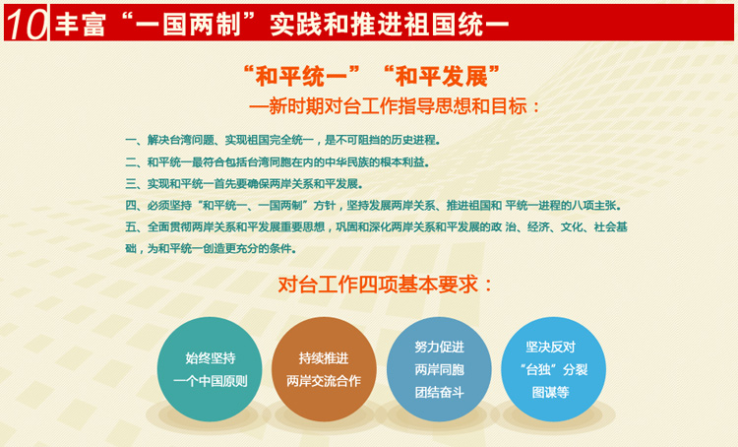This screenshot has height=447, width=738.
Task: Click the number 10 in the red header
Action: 26,23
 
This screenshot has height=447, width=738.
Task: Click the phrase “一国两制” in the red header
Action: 188,24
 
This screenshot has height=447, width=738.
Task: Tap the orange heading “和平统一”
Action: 301,76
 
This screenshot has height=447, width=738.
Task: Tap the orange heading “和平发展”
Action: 442,76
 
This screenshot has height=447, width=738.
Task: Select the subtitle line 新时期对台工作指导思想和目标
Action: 398,106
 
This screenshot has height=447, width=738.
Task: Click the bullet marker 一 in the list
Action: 130,140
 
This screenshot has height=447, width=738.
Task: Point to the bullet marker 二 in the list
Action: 130,162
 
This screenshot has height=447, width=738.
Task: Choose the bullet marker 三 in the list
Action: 130,184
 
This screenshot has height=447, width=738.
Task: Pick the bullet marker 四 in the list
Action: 130,206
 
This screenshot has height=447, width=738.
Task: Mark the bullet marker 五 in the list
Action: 130,227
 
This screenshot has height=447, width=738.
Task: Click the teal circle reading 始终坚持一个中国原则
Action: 210,369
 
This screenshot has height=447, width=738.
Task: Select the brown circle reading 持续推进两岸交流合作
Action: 324,369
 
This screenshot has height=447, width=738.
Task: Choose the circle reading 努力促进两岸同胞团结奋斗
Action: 439,369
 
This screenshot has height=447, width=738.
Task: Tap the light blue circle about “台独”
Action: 553,369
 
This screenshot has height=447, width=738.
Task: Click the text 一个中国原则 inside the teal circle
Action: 210,381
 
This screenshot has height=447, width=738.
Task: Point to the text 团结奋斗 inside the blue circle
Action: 439,392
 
